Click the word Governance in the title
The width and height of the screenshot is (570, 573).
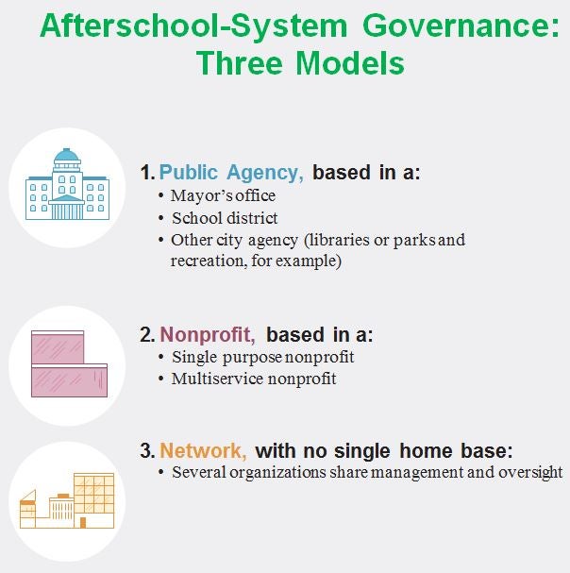click(x=461, y=25)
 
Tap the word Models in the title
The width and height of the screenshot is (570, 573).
click(x=350, y=63)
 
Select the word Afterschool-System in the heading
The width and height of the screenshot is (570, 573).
click(x=193, y=26)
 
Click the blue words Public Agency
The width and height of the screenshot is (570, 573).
click(x=231, y=173)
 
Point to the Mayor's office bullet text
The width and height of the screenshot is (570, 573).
click(x=223, y=195)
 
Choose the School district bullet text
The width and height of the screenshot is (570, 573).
click(x=225, y=218)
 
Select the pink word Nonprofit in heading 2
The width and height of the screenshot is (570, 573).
click(x=208, y=334)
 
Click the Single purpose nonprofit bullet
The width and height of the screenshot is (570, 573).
click(x=262, y=357)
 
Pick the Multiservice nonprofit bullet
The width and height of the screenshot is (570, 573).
click(x=254, y=379)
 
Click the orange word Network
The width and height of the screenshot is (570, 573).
click(x=203, y=450)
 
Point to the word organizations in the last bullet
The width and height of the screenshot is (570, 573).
click(x=278, y=472)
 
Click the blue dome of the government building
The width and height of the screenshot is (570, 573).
click(x=66, y=155)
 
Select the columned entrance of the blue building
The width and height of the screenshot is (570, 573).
click(x=66, y=208)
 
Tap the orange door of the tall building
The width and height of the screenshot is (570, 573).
click(x=83, y=523)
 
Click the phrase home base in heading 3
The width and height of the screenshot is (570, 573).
click(x=456, y=450)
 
